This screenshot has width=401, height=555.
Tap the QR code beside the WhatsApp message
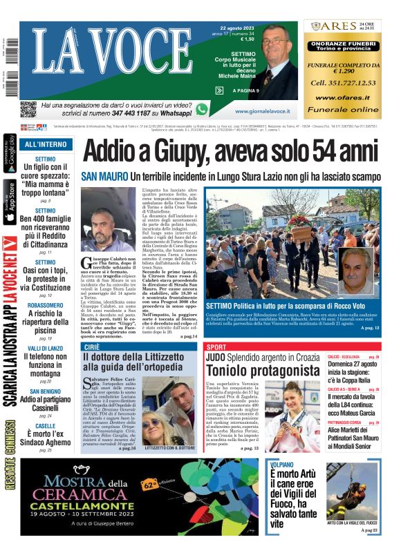coord(28,109)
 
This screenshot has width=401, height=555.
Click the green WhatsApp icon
coord(201,109)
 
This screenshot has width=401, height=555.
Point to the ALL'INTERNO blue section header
coord(46,144)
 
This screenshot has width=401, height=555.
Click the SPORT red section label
coord(216,347)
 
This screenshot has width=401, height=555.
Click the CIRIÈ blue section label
coord(91,347)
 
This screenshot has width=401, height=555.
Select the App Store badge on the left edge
coord(9,202)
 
